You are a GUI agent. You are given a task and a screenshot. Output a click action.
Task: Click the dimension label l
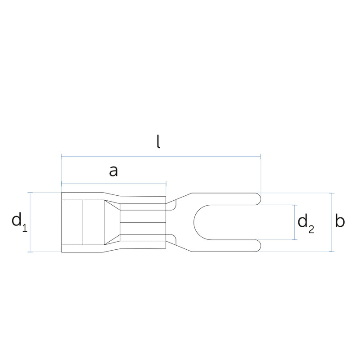point(158,141)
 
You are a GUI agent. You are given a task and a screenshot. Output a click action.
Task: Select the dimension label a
point(113,171)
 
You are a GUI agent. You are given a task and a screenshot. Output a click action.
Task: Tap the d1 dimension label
point(19,221)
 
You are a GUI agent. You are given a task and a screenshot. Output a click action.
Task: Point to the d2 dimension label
point(306,224)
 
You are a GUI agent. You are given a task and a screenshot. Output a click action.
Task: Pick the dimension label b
point(340,220)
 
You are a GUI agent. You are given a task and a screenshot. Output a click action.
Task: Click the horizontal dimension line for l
point(161,157)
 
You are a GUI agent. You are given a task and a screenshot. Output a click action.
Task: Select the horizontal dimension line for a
point(114,184)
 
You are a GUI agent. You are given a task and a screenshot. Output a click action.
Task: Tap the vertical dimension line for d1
point(30,222)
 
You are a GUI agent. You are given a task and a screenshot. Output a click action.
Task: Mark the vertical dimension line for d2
point(295,222)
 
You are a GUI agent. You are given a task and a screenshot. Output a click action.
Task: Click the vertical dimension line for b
point(331,222)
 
